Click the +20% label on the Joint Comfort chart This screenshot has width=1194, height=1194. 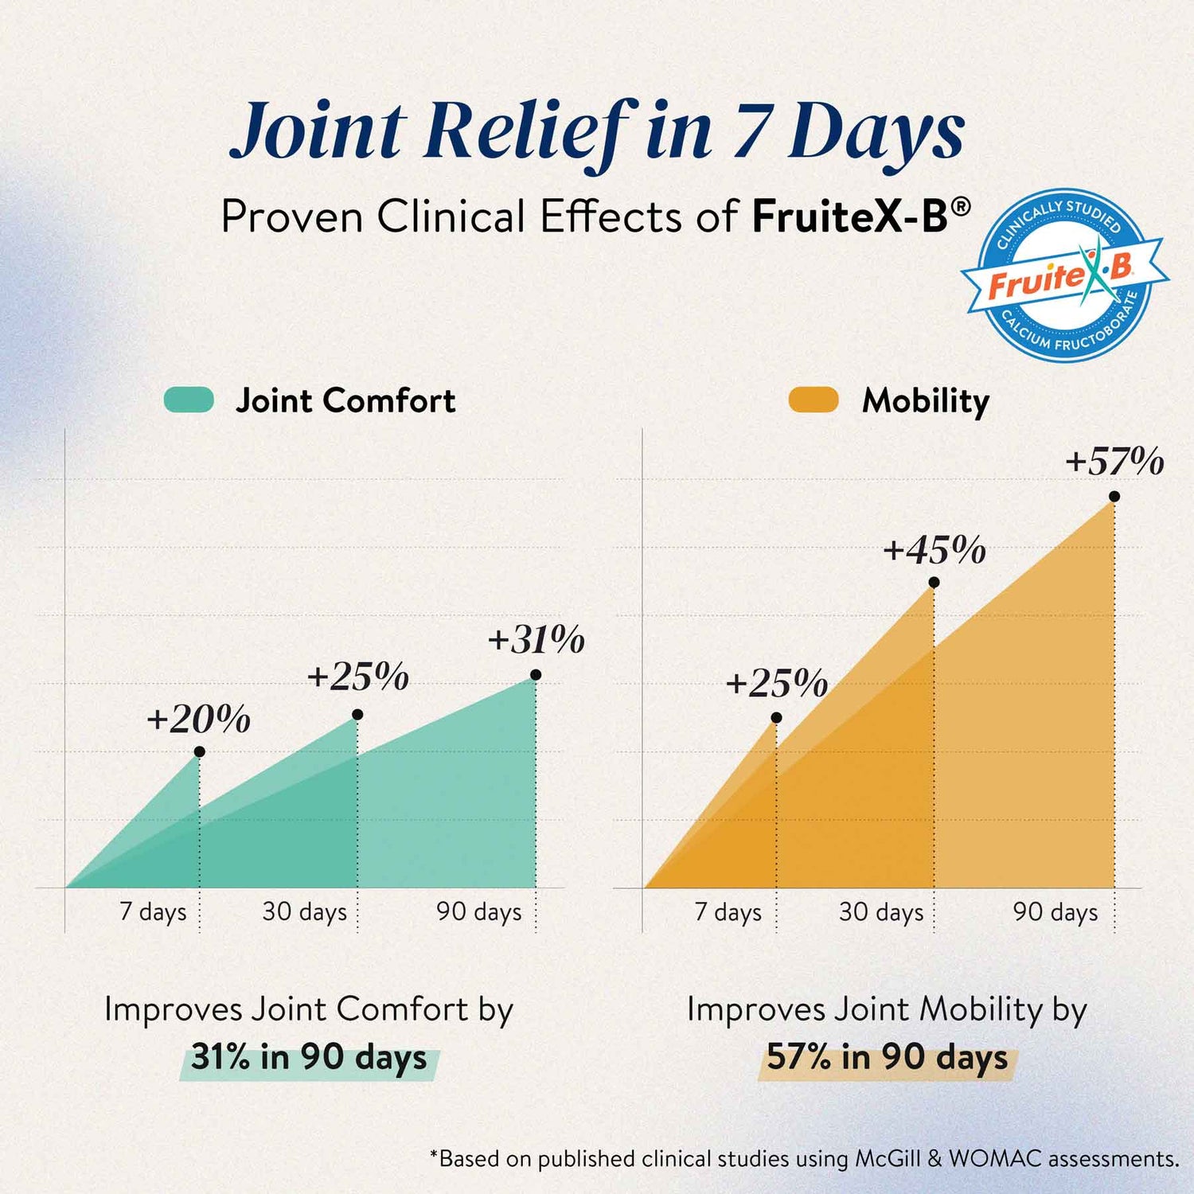tap(198, 719)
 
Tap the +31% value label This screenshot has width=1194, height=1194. tap(537, 639)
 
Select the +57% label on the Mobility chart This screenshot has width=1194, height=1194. tap(1114, 461)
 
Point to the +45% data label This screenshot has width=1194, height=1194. tap(935, 550)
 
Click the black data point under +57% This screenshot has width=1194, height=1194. tap(1114, 497)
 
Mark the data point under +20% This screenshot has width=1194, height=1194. tap(199, 751)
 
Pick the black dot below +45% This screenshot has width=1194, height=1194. tap(934, 583)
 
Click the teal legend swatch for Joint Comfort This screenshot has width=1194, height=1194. tap(189, 400)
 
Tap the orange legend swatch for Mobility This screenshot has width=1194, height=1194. tap(814, 400)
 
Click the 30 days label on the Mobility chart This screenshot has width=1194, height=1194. tap(881, 911)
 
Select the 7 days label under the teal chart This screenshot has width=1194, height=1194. tap(153, 911)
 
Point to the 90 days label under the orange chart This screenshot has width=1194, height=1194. tap(1055, 911)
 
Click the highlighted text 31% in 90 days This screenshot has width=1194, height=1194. tap(309, 1058)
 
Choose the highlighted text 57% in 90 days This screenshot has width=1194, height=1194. tap(887, 1058)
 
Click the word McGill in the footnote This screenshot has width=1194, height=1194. tap(888, 1158)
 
